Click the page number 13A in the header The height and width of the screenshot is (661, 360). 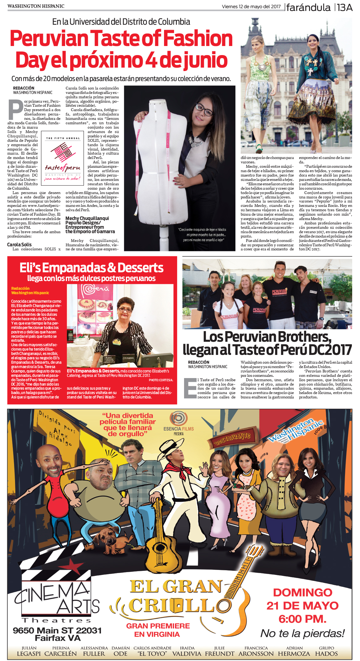(345, 7)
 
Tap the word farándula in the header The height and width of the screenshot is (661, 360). (308, 7)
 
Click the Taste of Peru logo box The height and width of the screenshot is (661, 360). (63, 160)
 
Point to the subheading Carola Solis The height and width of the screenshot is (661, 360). (19, 244)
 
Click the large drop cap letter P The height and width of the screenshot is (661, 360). (15, 110)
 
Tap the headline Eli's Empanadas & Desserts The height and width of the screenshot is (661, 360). (91, 268)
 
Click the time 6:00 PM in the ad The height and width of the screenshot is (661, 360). (302, 619)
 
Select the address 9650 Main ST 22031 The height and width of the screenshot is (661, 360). (57, 630)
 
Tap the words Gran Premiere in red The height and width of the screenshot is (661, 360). (158, 626)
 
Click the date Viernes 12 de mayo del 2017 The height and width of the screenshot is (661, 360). (251, 7)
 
